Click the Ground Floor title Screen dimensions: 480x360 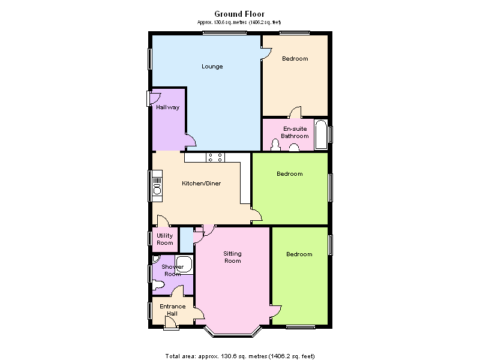tap(239, 14)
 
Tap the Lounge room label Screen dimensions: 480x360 tap(212, 67)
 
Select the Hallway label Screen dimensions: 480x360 tap(168, 107)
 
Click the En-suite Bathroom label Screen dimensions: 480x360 tap(295, 132)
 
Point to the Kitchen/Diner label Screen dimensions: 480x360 tap(202, 184)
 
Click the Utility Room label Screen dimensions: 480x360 tap(165, 239)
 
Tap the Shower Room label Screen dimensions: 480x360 tap(173, 271)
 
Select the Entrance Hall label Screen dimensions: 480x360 tap(173, 310)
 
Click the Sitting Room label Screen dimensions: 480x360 tap(233, 257)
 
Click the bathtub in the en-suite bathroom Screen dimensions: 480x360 tap(321, 134)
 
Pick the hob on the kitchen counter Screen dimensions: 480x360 tap(215, 157)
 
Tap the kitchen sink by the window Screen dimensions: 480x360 tap(157, 186)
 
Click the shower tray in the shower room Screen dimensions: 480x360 tap(184, 265)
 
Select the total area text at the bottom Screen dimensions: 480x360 tap(239, 356)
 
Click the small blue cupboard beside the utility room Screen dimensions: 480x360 tap(187, 239)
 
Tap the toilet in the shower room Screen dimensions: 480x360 tap(158, 286)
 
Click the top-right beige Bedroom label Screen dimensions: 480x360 tap(295, 58)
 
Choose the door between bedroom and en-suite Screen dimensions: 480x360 tap(296, 112)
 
